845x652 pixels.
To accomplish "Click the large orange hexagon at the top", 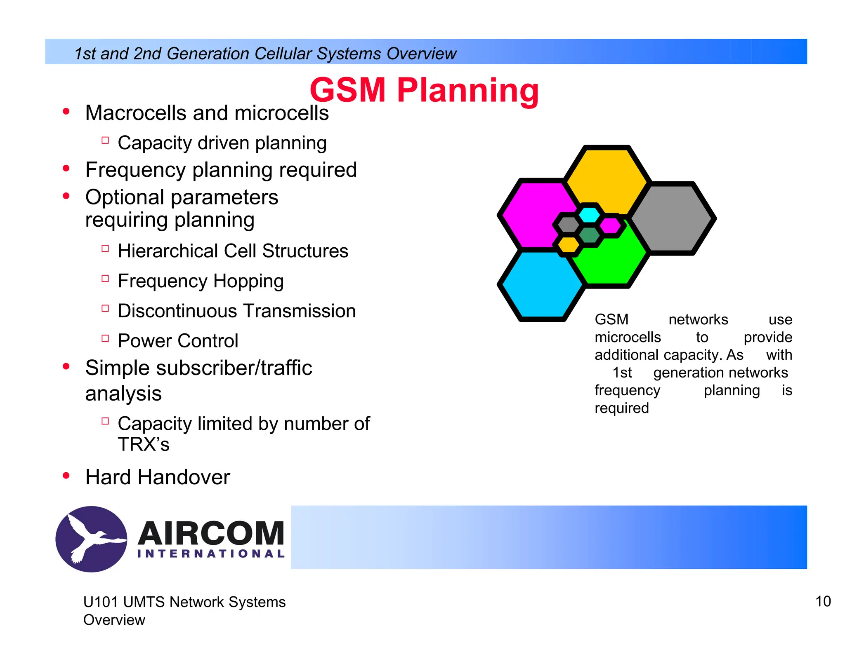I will (607, 175).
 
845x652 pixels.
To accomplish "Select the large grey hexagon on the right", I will (673, 218).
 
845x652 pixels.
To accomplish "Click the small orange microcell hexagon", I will (569, 245).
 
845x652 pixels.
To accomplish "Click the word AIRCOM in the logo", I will (211, 533).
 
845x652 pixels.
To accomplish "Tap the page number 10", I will (823, 602).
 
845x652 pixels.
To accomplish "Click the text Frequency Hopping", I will (201, 281).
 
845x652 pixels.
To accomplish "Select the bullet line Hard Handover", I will (157, 477).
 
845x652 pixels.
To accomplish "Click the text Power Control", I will (178, 341).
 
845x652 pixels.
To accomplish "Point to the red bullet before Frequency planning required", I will (66, 169).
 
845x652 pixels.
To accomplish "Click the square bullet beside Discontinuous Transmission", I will (105, 308).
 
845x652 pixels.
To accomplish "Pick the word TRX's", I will (144, 445).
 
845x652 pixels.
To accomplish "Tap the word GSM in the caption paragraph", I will (611, 319).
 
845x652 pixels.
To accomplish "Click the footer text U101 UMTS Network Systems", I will (184, 602).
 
